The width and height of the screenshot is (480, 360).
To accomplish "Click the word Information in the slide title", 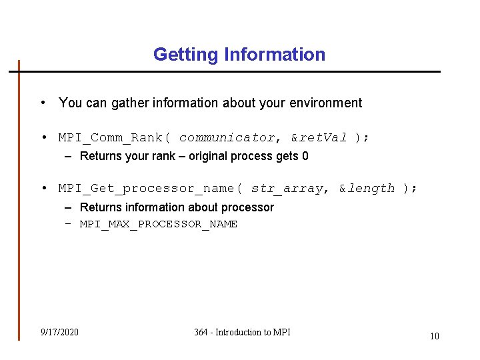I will [x=275, y=55].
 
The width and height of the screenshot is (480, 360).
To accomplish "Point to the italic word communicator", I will [x=227, y=138].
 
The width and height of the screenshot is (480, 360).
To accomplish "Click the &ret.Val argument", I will [x=319, y=138].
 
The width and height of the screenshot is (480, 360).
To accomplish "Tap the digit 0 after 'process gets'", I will [x=305, y=156].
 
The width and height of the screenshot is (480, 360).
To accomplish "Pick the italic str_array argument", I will [x=287, y=189].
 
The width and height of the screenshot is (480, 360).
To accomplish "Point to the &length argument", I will [x=367, y=189].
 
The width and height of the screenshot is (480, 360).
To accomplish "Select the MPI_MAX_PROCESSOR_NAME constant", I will [x=159, y=224].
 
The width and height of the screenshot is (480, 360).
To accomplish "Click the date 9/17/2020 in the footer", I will [x=59, y=332].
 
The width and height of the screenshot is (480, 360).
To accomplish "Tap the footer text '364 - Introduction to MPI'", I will [x=242, y=332].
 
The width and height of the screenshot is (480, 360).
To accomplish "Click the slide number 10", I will [x=434, y=336].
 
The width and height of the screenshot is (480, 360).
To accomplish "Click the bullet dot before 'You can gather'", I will [x=43, y=103].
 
